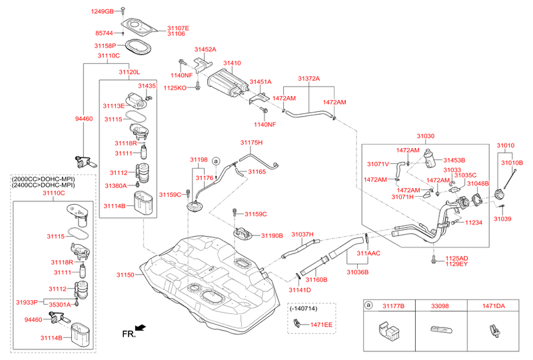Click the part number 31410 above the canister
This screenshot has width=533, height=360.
(232, 63)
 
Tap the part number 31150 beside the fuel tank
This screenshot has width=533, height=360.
(125, 275)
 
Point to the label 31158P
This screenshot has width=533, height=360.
(105, 46)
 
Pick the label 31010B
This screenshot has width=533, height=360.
(512, 163)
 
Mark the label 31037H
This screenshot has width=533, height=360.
(302, 235)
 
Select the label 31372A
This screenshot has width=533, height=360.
(308, 79)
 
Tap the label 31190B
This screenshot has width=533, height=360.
(272, 235)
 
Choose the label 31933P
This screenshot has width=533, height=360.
(27, 303)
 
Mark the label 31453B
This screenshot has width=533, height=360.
(454, 161)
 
